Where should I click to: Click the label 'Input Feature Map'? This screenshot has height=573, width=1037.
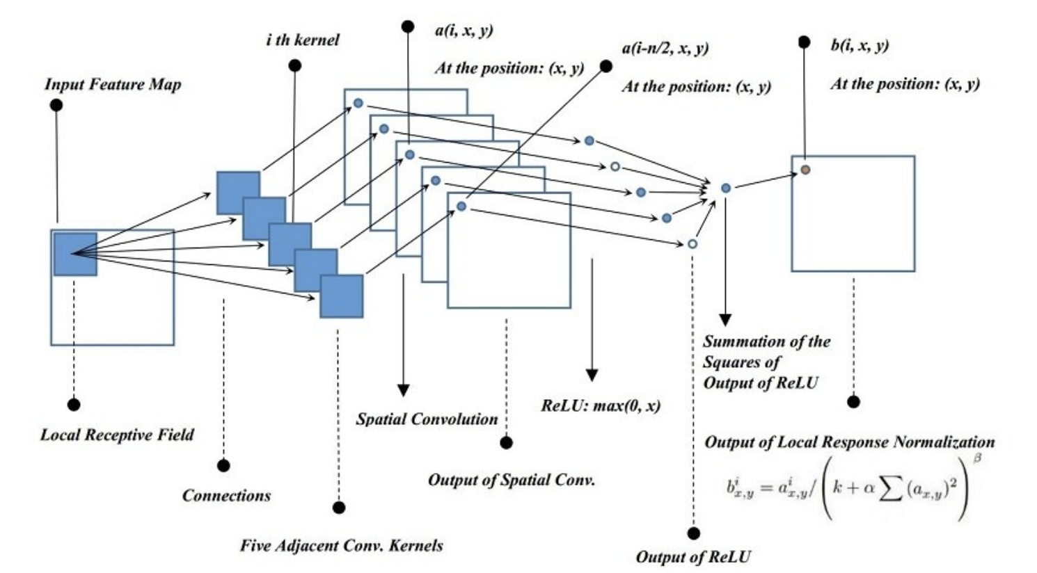(113, 85)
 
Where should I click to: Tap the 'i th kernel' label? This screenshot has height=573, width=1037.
(302, 40)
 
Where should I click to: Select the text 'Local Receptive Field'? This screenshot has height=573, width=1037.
(117, 435)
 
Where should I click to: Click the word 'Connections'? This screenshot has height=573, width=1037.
(226, 496)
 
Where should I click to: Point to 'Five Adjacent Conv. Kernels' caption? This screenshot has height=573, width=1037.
(341, 545)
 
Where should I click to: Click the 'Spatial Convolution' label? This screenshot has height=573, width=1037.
(427, 419)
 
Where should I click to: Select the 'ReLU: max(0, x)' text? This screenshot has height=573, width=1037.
(600, 405)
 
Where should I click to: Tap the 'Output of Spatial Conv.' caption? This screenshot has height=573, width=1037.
(511, 480)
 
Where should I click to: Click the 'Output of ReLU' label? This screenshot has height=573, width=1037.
(693, 557)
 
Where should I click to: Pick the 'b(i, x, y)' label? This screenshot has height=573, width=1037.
(859, 46)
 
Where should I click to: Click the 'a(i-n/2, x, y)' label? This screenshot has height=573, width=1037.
(665, 49)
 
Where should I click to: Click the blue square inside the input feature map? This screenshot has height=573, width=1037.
(75, 255)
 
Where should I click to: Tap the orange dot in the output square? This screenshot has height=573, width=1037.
(805, 169)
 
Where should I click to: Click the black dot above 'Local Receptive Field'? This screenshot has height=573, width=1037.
(74, 405)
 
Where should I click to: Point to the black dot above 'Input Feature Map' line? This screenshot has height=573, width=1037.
(56, 105)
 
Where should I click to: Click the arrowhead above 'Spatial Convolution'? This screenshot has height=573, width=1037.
(402, 390)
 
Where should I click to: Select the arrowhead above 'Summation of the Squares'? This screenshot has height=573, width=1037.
(725, 320)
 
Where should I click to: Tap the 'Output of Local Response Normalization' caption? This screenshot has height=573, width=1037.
(849, 442)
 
